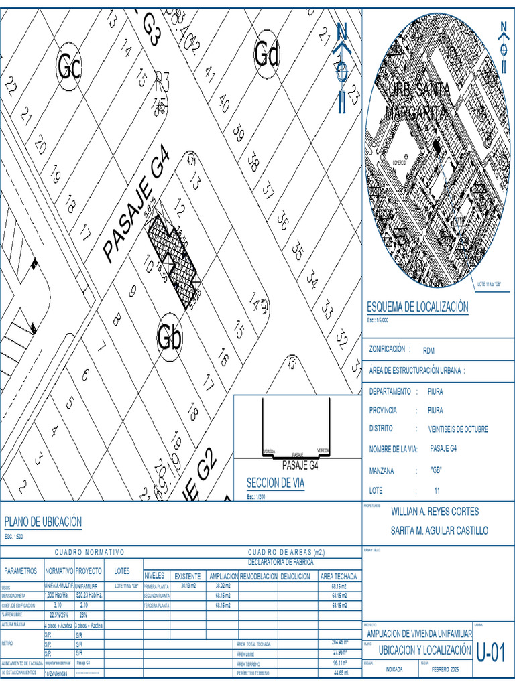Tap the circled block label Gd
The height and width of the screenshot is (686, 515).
pos(266,54)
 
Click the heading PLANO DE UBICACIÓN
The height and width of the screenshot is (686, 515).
pos(43,521)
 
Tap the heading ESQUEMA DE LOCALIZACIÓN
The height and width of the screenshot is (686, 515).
pos(417,307)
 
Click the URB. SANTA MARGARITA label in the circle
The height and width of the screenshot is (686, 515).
pos(417,100)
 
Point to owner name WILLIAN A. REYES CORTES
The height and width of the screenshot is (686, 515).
pos(435,512)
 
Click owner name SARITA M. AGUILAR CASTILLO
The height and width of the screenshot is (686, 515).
pos(439,531)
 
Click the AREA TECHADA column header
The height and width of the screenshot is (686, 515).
pos(338,576)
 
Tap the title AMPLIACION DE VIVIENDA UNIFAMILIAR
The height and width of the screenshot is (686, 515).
pos(418,634)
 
